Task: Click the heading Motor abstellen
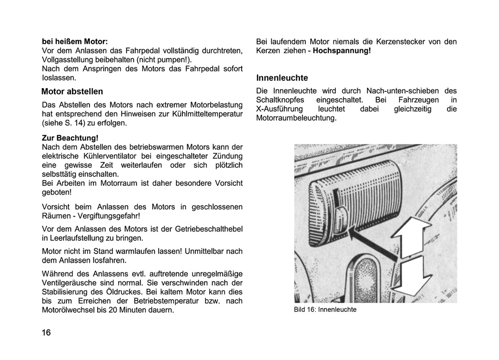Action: [x=72, y=91]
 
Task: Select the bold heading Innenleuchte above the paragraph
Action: [x=282, y=78]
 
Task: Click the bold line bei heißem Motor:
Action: [x=75, y=41]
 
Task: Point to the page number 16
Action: [x=47, y=332]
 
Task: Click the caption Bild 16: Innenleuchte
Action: [x=325, y=310]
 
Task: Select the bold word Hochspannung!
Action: [x=342, y=51]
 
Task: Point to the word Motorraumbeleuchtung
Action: [x=296, y=119]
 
